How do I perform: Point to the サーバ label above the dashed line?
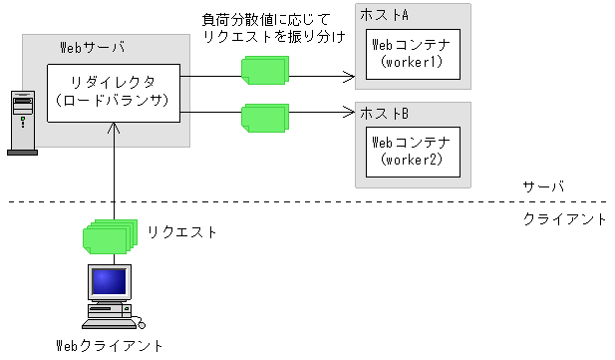[544, 187]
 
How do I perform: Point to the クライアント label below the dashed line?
[564, 218]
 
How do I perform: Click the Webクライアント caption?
[110, 345]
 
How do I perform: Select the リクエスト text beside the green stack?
[182, 231]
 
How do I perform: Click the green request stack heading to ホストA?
[263, 68]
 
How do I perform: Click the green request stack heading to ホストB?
[263, 117]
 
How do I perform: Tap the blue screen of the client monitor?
[110, 282]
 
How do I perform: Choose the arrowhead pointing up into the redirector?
[117, 129]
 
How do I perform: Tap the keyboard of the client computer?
[111, 321]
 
